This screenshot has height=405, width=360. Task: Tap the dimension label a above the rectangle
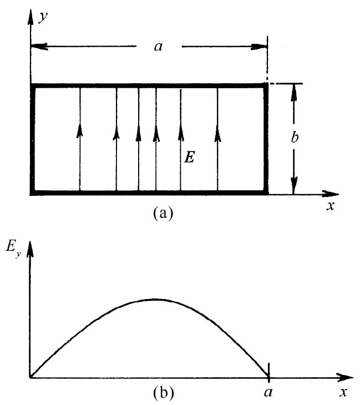(x=158, y=47)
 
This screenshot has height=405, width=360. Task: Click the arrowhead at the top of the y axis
(x=31, y=13)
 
